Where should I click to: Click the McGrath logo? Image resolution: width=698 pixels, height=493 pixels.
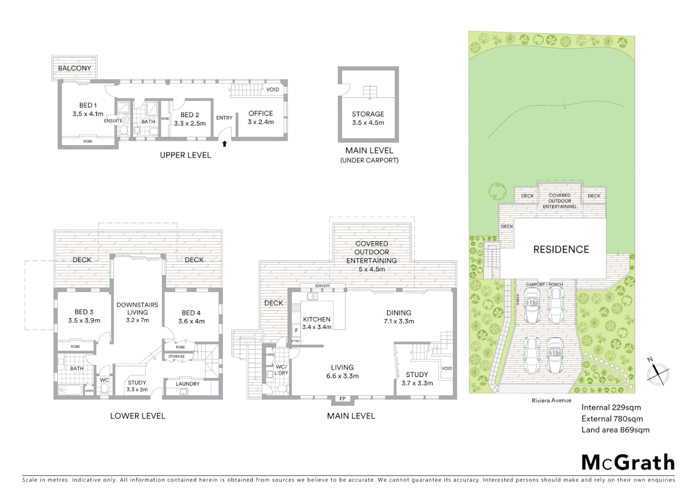pos(628,462)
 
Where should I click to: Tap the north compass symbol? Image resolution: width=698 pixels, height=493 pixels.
pos(658,373)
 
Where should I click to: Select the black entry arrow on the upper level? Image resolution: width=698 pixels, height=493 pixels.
pos(224,144)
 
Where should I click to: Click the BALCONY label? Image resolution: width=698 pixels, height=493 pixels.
pos(74,68)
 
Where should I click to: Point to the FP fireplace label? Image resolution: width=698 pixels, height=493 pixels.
pos(343,399)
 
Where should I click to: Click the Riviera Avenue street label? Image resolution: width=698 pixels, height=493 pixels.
pos(551,400)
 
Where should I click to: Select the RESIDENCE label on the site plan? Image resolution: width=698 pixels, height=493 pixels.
pos(561,249)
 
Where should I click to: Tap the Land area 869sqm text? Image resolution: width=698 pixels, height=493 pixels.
pos(615,430)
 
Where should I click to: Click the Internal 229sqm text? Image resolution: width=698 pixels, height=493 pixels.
pos(611,407)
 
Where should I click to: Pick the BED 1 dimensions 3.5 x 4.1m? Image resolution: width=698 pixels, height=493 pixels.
pos(88,114)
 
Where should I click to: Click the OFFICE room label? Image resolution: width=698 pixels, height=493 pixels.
pos(260,113)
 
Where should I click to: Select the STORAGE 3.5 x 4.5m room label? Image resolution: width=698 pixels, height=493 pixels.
pos(368,118)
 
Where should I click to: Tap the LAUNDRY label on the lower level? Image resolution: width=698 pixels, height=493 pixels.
pos(187,384)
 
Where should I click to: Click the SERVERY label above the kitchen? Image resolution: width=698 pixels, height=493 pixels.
pos(322,286)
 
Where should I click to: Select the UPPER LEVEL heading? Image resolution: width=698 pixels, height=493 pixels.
pos(185,155)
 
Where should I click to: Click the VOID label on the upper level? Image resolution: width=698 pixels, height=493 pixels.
pos(272,89)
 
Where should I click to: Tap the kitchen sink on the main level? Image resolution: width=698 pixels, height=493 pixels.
pos(312,296)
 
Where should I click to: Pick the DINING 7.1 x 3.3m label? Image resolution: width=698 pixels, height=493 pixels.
pos(399,317)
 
